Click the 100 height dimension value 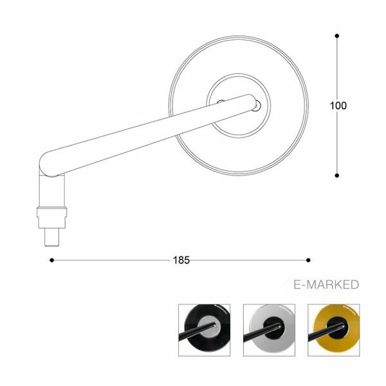point(338,106)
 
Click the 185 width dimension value point(181,260)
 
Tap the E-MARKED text point(326,284)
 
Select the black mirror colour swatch point(205,330)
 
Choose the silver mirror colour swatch point(269,330)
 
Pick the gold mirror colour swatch point(334,330)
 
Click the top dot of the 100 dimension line point(337,36)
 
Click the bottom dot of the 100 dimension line point(337,176)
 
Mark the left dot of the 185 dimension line point(51,260)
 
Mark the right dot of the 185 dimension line point(308,260)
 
